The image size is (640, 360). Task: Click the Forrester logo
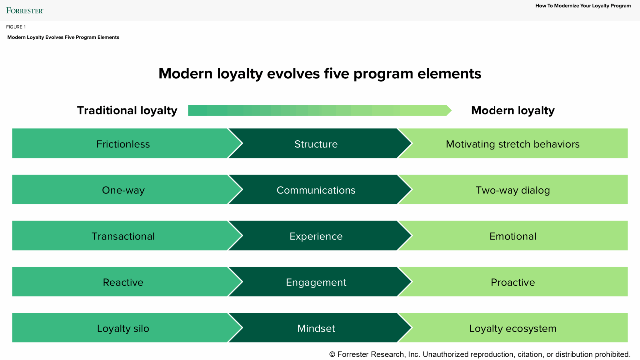[24, 11]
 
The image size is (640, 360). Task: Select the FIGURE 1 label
[16, 27]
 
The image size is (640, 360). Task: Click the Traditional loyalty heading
[127, 110]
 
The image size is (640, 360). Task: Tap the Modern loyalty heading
[512, 110]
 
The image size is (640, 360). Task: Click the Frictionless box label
[123, 144]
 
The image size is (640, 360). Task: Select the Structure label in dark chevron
[316, 144]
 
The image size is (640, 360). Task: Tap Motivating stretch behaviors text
[512, 144]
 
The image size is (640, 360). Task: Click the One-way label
[123, 190]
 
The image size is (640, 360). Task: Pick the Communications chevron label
[316, 190]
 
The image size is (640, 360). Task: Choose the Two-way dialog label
[512, 190]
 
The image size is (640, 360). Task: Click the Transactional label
[123, 236]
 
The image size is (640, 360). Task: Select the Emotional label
[512, 236]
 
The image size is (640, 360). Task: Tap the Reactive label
[123, 282]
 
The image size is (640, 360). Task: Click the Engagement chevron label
[316, 282]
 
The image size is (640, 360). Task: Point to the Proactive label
[512, 282]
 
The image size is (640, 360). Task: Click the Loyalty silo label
[123, 328]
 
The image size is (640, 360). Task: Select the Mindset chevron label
[316, 328]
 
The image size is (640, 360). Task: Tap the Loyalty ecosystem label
[512, 328]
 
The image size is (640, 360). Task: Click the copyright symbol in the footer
[332, 354]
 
